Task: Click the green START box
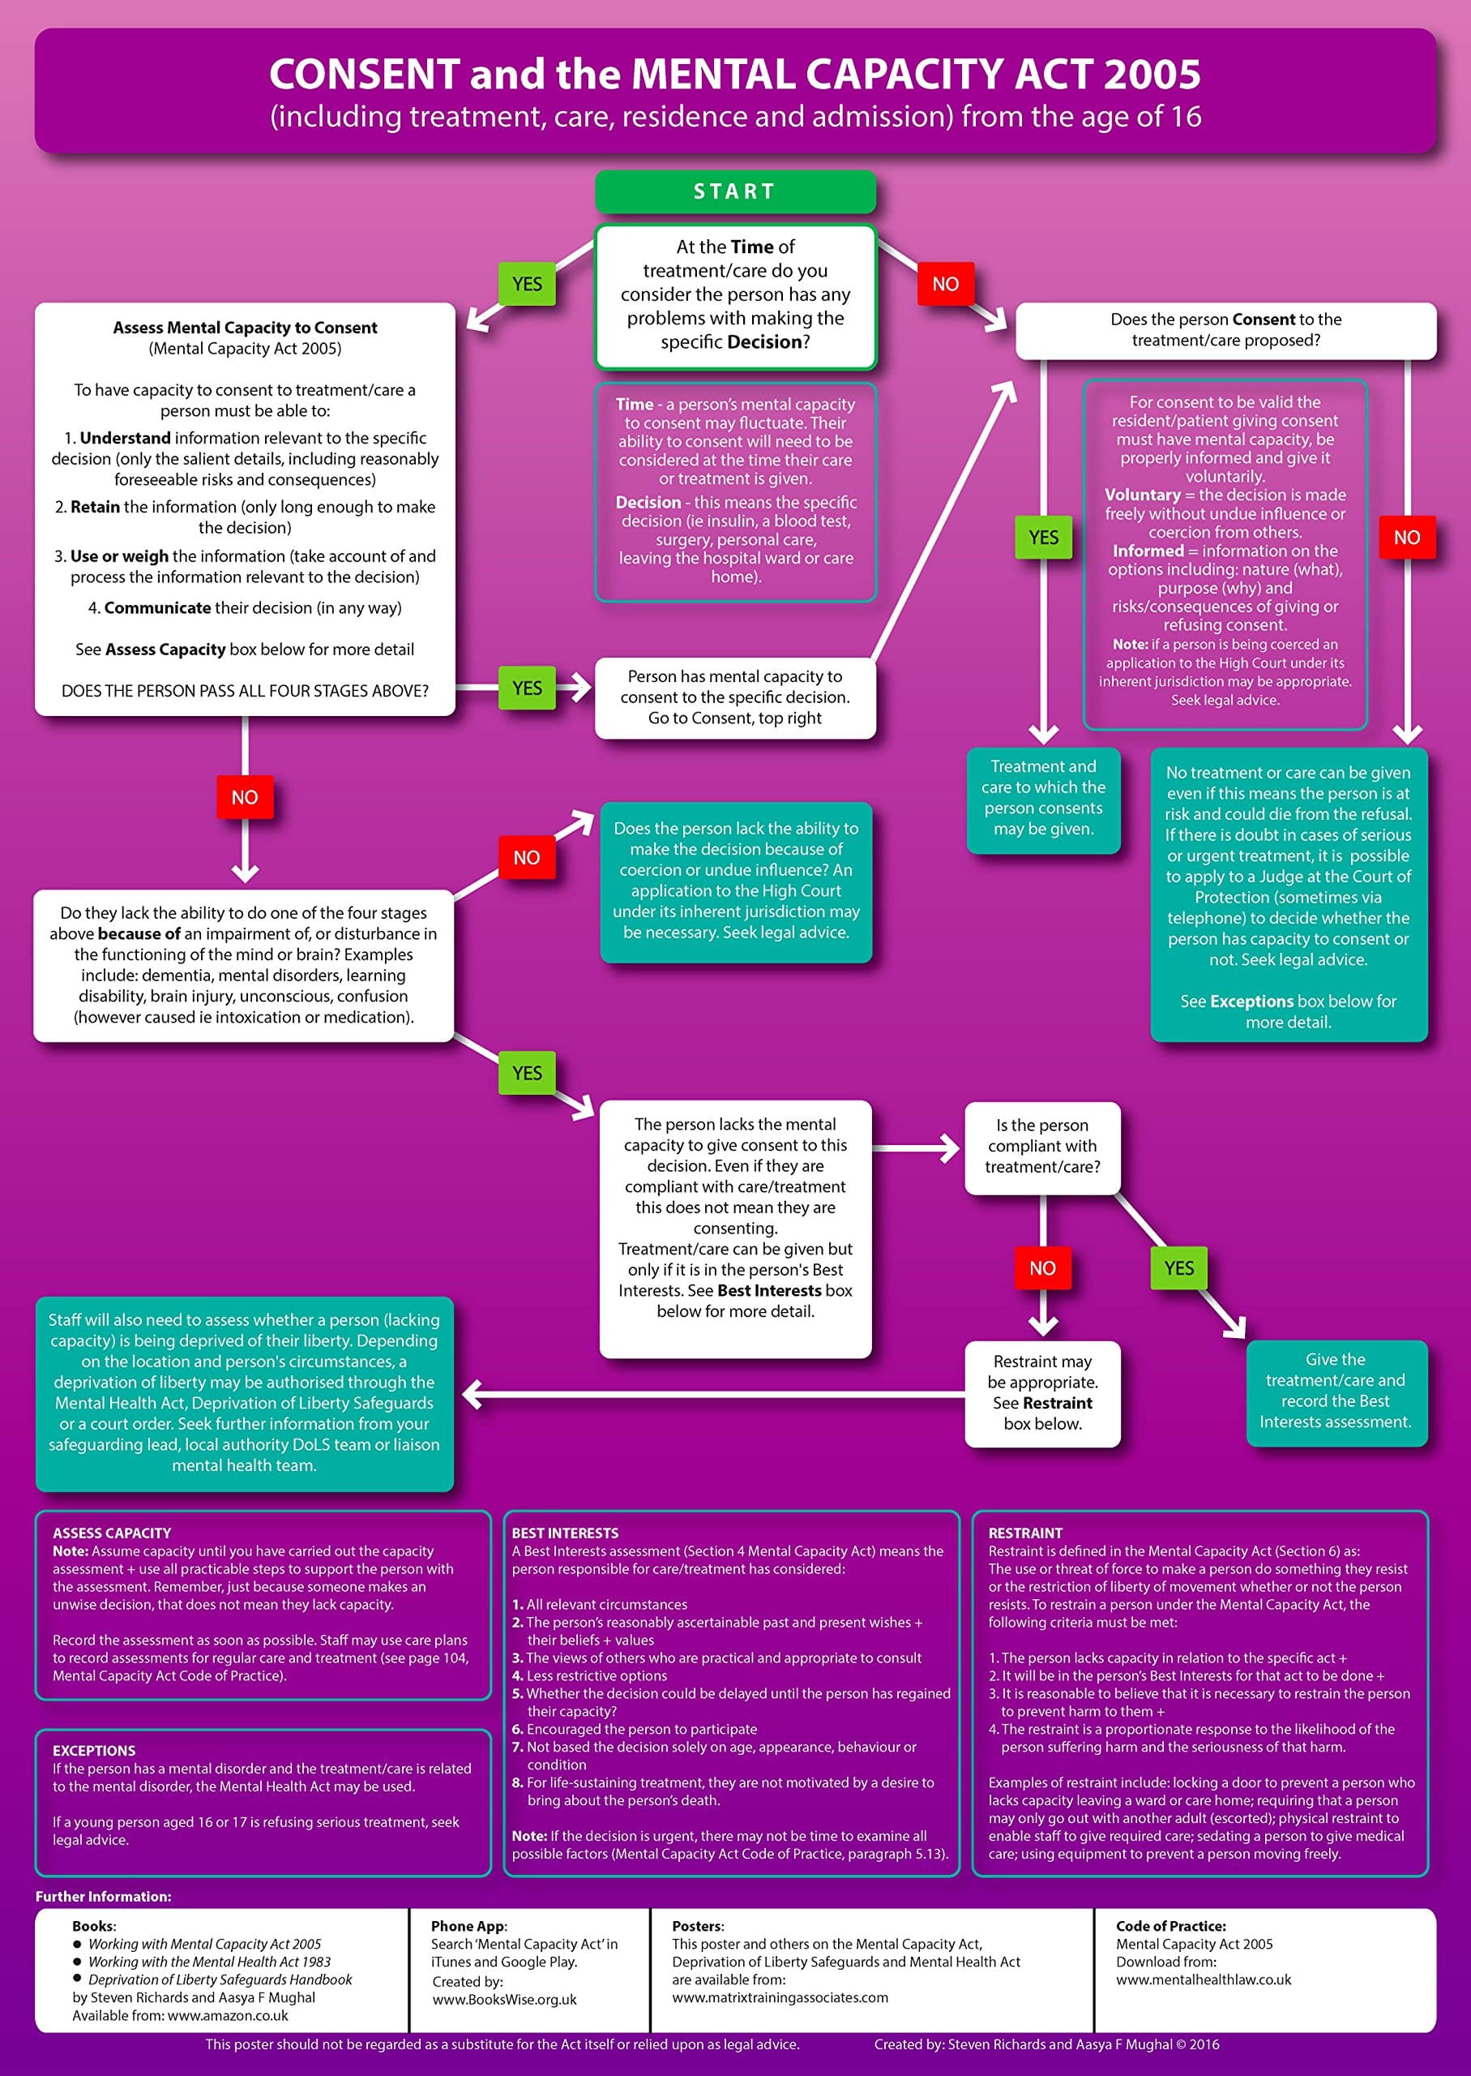coord(734,191)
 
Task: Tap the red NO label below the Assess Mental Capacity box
coord(245,797)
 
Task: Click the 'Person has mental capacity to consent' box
coord(734,697)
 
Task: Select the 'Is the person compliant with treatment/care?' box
coord(1041,1147)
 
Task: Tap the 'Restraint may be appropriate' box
coord(1041,1392)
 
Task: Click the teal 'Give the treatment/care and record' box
coord(1335,1391)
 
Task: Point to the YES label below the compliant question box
coord(1178,1267)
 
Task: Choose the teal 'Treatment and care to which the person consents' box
coord(1042,798)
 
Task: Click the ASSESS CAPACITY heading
coord(111,1533)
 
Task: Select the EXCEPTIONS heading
coord(93,1751)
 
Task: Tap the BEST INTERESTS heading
coord(564,1533)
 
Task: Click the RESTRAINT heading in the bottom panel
coord(1024,1533)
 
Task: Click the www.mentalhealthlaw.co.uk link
coord(1203,1980)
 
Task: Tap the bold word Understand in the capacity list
coord(125,438)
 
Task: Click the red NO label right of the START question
coord(945,284)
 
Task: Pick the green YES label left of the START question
coord(526,284)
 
